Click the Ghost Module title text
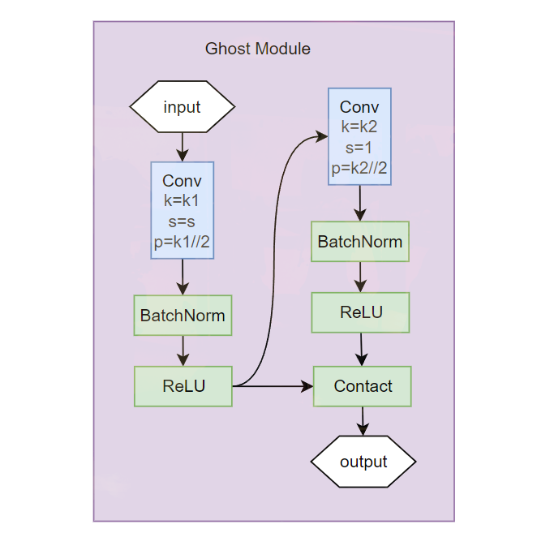(x=257, y=49)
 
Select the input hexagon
(x=182, y=107)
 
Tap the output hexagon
(x=363, y=462)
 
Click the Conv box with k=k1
(x=182, y=210)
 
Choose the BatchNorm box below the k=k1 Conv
(x=183, y=315)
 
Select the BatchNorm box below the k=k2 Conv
(x=360, y=242)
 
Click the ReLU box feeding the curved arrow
(x=183, y=386)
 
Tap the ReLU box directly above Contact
(x=361, y=312)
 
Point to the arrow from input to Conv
(x=182, y=147)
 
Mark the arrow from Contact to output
(x=363, y=420)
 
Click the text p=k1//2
(x=182, y=241)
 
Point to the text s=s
(x=182, y=221)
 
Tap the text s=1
(x=359, y=148)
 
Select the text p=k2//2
(x=359, y=169)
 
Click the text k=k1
(x=182, y=200)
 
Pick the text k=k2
(x=359, y=127)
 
